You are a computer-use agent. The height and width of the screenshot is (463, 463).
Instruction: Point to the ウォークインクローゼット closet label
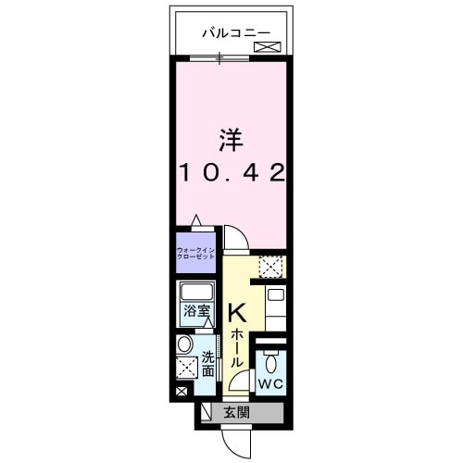[x=196, y=252]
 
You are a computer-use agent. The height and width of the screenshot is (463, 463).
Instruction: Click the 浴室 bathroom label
[x=195, y=311]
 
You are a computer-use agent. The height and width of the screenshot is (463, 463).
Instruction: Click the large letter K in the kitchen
[x=236, y=313]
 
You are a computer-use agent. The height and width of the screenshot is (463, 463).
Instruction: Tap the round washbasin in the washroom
[x=185, y=344]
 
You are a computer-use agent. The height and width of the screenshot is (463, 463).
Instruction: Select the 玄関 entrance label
[x=233, y=413]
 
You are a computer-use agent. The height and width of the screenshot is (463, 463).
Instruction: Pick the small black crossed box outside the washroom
[x=180, y=392]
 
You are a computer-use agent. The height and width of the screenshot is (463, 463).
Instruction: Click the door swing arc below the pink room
[x=237, y=238]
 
